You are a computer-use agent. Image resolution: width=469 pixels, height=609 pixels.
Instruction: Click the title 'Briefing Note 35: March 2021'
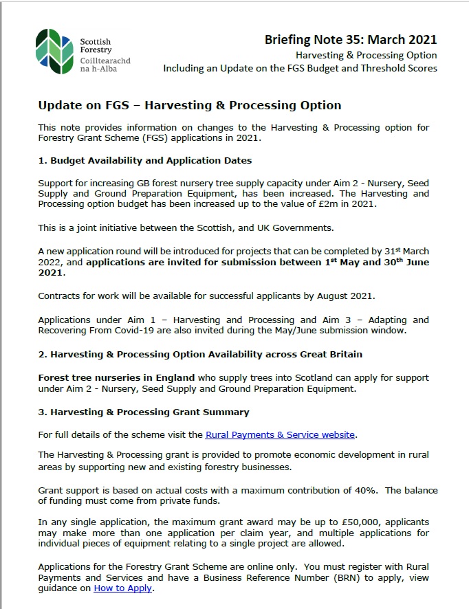(351, 40)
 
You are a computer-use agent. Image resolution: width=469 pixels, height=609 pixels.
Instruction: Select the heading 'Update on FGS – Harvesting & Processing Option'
(190, 105)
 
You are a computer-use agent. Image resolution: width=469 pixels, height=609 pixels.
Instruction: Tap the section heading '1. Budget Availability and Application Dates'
(145, 160)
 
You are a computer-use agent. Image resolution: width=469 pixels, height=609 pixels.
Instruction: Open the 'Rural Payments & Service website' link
(281, 434)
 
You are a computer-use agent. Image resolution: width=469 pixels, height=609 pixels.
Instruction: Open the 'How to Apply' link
(124, 588)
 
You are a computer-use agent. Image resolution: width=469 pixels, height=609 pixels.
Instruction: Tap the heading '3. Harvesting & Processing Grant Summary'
(144, 412)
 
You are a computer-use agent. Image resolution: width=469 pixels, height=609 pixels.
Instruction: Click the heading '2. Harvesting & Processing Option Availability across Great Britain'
(200, 354)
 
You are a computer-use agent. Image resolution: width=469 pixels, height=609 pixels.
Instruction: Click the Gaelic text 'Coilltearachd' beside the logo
(105, 60)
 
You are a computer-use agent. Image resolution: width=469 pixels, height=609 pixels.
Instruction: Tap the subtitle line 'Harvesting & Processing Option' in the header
(367, 55)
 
